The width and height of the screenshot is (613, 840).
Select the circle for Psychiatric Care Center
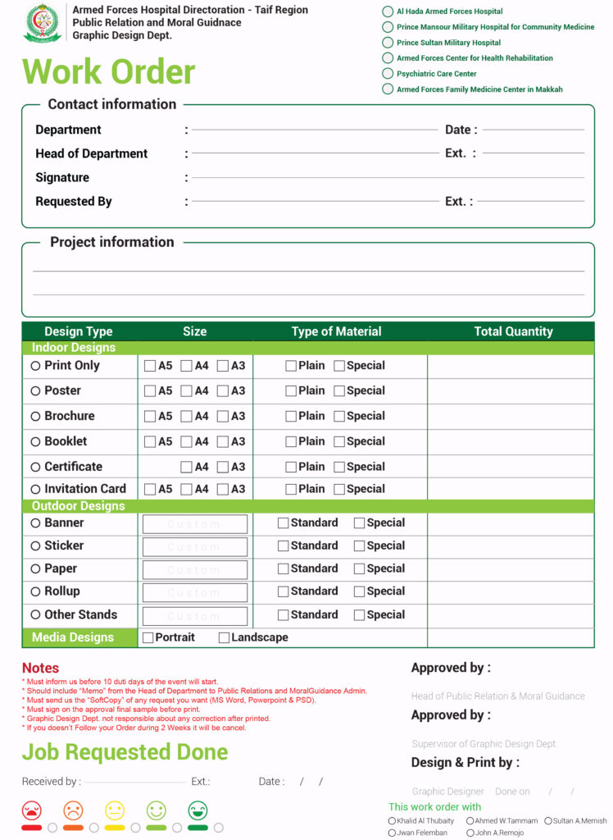click(x=388, y=74)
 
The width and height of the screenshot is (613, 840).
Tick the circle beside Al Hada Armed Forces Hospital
click(x=388, y=11)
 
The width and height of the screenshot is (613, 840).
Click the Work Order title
click(x=108, y=72)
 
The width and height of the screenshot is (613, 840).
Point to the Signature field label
click(x=62, y=177)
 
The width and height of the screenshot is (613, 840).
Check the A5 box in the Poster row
click(x=150, y=391)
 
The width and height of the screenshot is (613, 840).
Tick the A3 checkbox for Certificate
click(x=222, y=468)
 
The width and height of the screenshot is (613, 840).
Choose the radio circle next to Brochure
click(x=35, y=417)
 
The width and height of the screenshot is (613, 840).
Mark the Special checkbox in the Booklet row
click(x=339, y=442)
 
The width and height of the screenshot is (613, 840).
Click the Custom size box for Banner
click(x=194, y=524)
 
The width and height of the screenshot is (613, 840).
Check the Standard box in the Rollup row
click(x=284, y=591)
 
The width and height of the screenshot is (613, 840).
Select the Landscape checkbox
click(x=224, y=637)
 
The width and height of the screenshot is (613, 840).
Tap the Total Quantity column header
click(x=513, y=331)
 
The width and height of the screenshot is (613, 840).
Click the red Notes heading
click(x=40, y=668)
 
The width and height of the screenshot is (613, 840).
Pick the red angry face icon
click(x=32, y=810)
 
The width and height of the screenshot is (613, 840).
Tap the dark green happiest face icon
click(x=198, y=810)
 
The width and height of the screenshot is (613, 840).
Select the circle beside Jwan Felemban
click(x=392, y=833)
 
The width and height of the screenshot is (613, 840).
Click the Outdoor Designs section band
click(x=78, y=506)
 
